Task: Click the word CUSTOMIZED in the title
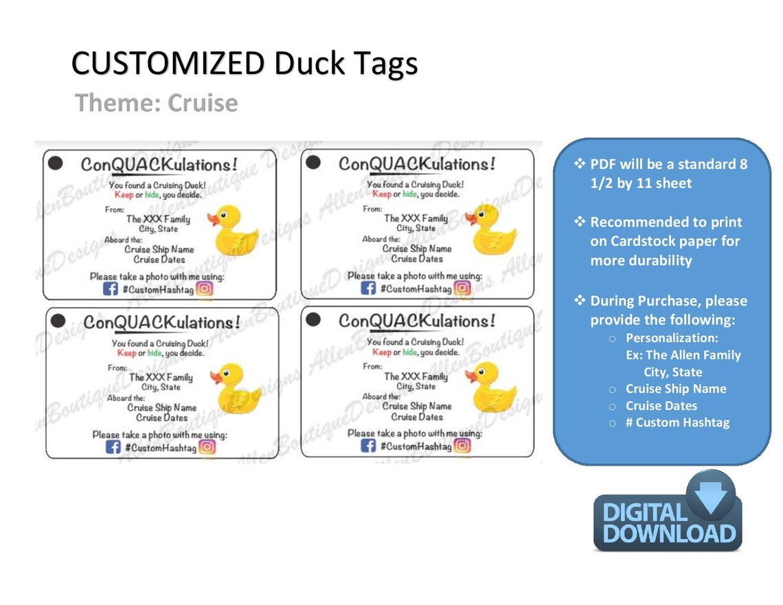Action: [x=168, y=64]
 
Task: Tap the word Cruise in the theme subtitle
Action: [x=203, y=103]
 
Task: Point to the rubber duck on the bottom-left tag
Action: [x=237, y=389]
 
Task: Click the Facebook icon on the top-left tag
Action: [x=111, y=289]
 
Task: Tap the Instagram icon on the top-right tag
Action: [x=463, y=288]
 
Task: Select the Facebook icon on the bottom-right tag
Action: [x=369, y=446]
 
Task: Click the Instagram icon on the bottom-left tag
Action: [x=207, y=447]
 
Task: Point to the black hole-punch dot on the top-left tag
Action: [x=56, y=163]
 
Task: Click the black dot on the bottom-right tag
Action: [x=313, y=320]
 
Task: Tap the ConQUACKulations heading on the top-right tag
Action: [x=417, y=164]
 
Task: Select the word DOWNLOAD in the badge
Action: [x=669, y=534]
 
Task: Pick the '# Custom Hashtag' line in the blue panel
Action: [x=677, y=422]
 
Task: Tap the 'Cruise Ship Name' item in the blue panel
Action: [x=676, y=389]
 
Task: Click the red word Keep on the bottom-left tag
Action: [x=126, y=353]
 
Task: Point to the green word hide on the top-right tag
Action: [x=409, y=194]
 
